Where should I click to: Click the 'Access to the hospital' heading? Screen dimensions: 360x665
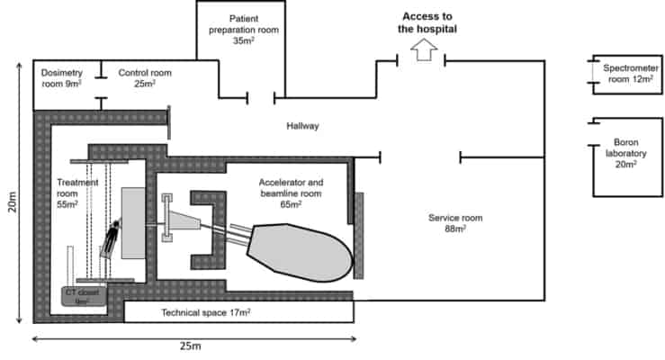click(428, 22)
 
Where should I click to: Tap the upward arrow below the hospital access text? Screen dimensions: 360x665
click(421, 52)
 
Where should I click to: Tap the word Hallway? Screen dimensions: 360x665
click(303, 126)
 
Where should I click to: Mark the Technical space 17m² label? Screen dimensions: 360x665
click(205, 312)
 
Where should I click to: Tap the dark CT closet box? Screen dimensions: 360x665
click(85, 296)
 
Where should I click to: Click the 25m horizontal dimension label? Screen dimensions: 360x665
click(190, 350)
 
